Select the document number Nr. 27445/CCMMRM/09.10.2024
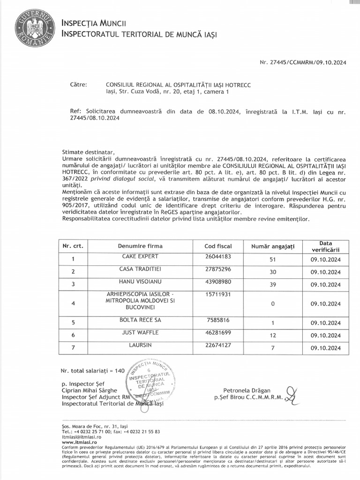point(303,62)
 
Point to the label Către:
point(79,85)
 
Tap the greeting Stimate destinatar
point(88,152)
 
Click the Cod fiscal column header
point(218,246)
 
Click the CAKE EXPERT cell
point(134,256)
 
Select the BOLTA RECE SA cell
point(134,320)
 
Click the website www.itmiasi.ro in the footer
point(79,442)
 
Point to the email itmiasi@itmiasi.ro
point(82,436)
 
